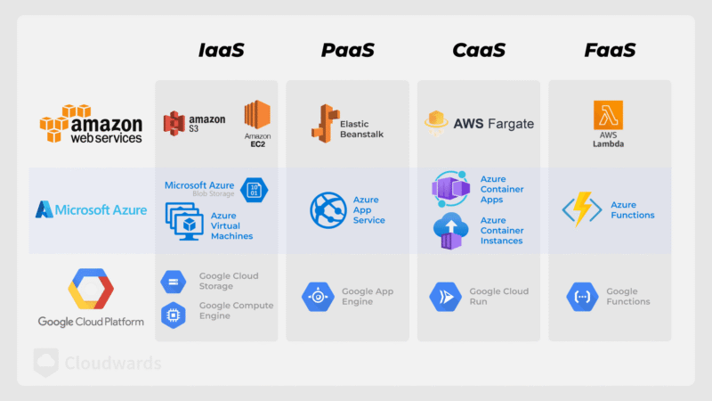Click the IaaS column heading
click(220, 50)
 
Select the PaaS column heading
click(349, 50)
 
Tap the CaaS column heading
click(479, 50)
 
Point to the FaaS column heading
click(610, 50)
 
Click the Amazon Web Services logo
click(90, 125)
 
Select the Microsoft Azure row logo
click(91, 210)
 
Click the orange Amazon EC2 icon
click(256, 115)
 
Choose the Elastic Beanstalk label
click(360, 128)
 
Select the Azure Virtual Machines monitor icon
click(184, 220)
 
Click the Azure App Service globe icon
click(328, 210)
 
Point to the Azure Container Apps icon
click(449, 189)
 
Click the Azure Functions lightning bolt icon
click(582, 210)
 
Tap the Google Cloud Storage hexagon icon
click(174, 282)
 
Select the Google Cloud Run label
click(498, 297)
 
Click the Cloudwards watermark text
click(112, 363)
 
